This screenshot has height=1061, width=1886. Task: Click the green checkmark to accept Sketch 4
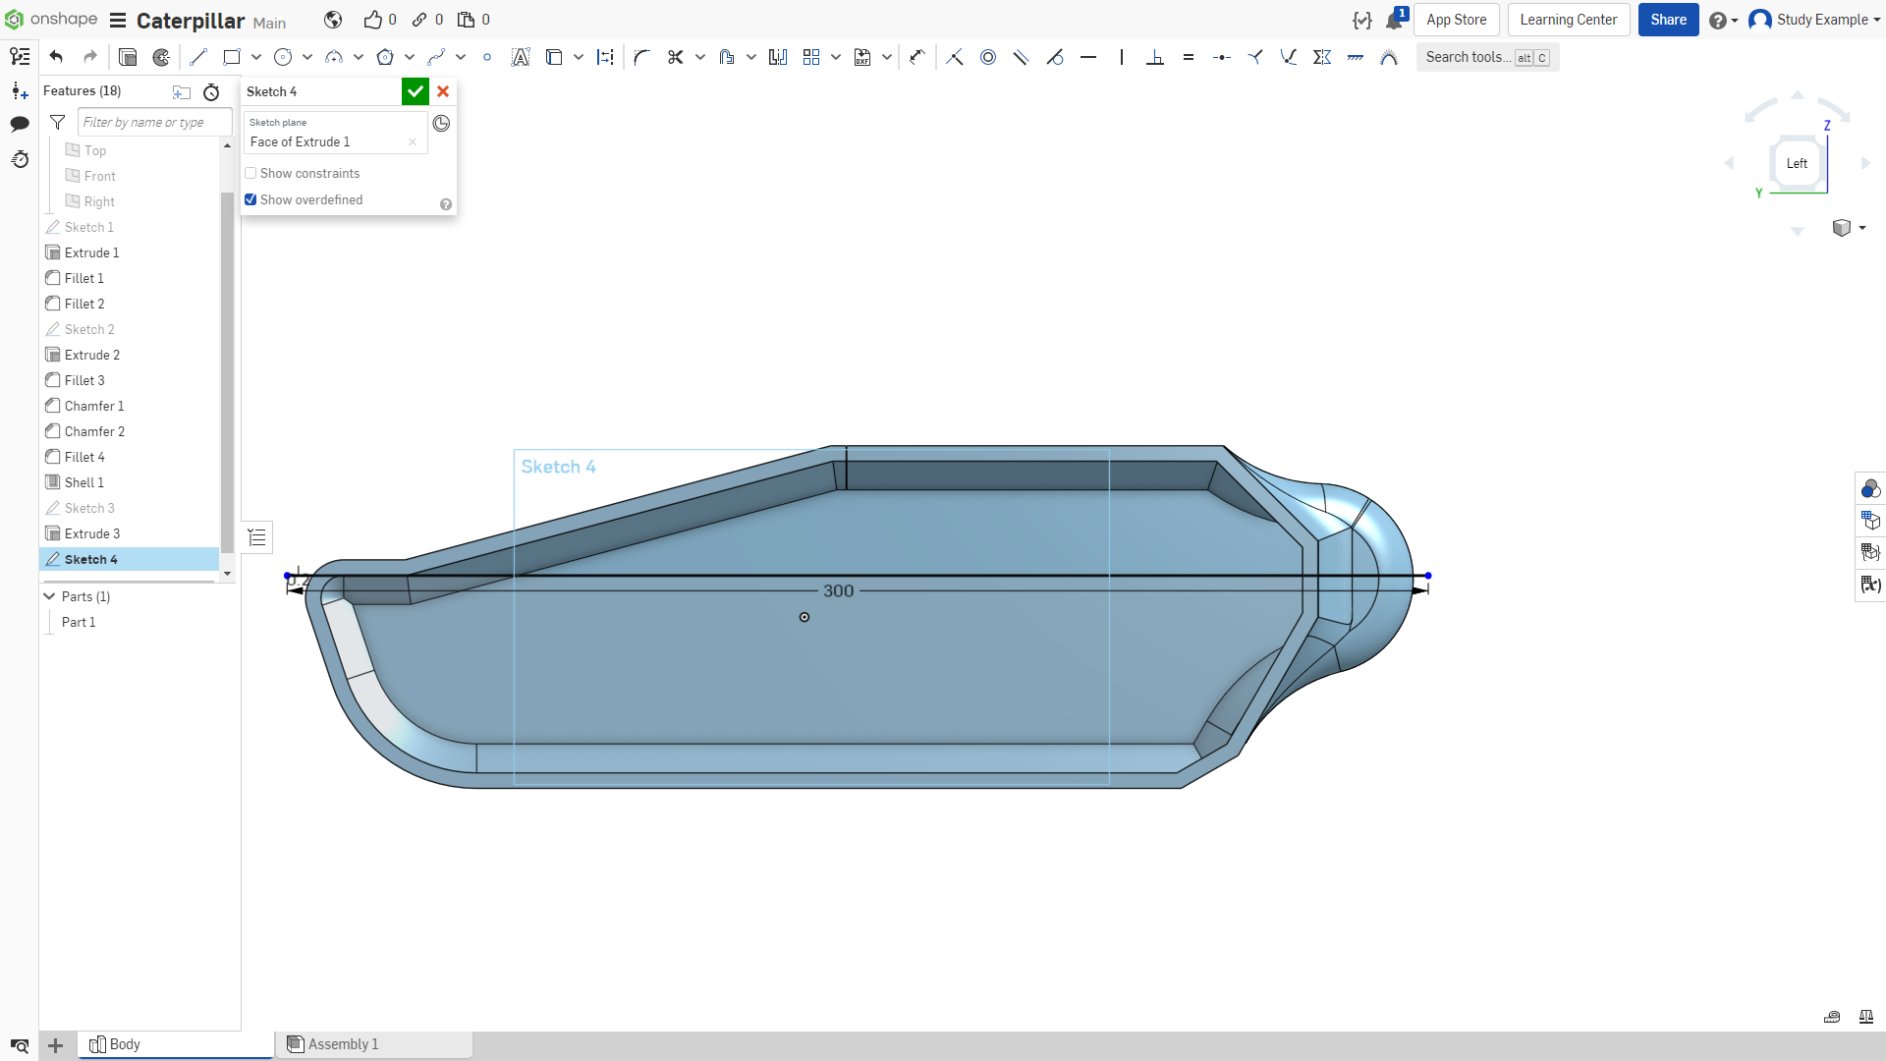(416, 91)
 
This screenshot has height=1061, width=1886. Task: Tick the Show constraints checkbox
(250, 174)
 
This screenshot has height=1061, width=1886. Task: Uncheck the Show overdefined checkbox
(250, 199)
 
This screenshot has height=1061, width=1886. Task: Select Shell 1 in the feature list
(83, 482)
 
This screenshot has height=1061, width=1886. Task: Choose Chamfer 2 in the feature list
(94, 431)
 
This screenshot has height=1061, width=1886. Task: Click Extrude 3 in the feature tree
(92, 533)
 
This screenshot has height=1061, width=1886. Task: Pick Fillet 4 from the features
(84, 457)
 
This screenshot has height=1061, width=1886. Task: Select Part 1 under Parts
(79, 622)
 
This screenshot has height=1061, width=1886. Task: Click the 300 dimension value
(838, 590)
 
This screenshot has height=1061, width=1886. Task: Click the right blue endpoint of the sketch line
(1428, 576)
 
